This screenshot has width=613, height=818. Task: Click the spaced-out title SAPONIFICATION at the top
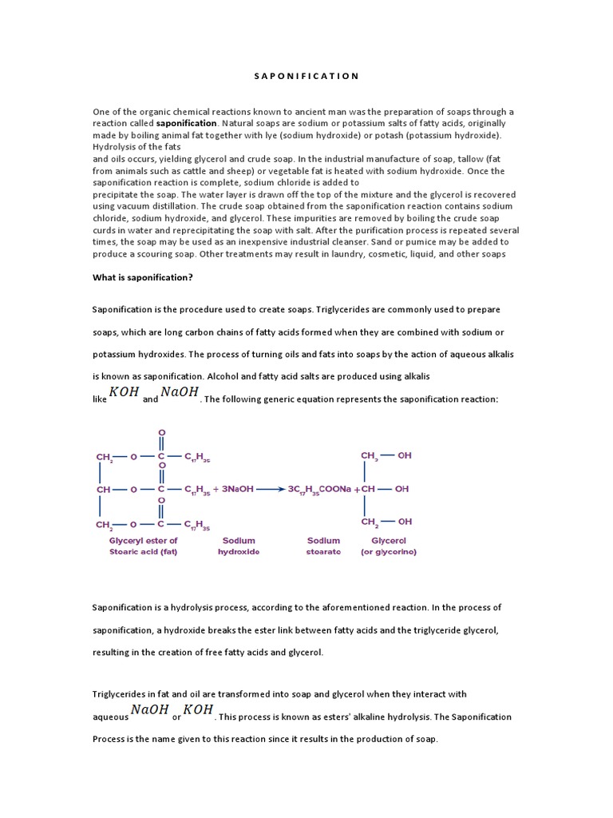(x=306, y=76)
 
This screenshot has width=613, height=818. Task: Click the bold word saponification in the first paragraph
(x=186, y=124)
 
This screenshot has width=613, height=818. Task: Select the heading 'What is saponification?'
(x=142, y=277)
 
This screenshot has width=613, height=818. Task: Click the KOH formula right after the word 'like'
(x=125, y=392)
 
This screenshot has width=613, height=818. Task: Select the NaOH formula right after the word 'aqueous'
(x=149, y=710)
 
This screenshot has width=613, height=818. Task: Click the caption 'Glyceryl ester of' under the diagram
(x=144, y=541)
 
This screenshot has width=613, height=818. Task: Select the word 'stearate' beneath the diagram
(x=323, y=552)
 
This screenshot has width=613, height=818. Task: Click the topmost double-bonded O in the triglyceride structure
(x=161, y=431)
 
